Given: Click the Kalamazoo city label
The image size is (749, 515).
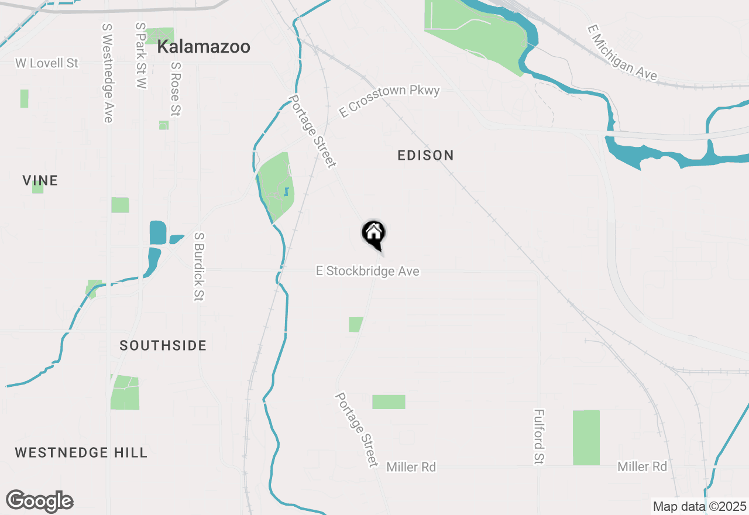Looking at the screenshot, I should (204, 47).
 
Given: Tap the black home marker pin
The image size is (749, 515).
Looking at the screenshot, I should (374, 234).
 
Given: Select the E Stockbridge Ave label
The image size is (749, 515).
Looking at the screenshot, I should (367, 271).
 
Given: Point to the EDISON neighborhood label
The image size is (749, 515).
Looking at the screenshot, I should (425, 155).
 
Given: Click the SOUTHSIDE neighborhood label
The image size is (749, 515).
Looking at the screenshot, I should (163, 345).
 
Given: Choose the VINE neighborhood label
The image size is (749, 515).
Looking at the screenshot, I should (40, 180).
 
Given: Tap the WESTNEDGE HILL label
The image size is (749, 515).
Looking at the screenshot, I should (81, 452).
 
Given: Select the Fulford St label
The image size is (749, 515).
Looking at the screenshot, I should (538, 437).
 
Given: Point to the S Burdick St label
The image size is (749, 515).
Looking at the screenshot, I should (199, 266).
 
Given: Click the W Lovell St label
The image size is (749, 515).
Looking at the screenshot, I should (47, 63).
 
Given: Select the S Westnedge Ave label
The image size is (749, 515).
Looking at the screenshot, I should (107, 73).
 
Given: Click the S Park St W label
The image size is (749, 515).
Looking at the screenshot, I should (140, 56).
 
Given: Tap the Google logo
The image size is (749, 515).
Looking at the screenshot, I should (39, 502).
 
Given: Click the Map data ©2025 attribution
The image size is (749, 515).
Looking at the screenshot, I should (699, 506).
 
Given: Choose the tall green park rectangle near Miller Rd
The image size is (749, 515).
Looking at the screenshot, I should (586, 437).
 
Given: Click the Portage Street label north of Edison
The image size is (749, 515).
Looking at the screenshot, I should (312, 131).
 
